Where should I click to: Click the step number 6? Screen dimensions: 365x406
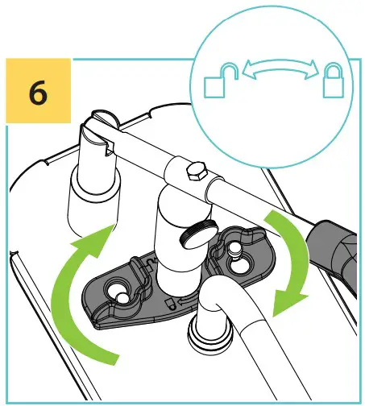pyautogui.click(x=38, y=93)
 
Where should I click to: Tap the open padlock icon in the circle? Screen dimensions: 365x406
pyautogui.click(x=221, y=81)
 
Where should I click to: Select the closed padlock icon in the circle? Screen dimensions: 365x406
pyautogui.click(x=333, y=80)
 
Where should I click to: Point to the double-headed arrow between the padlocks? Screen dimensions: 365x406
pyautogui.click(x=280, y=68)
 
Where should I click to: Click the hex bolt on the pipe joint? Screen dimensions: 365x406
pyautogui.click(x=197, y=172)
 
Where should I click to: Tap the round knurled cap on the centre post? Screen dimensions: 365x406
pyautogui.click(x=199, y=234)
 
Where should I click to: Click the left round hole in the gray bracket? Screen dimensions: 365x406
pyautogui.click(x=119, y=291)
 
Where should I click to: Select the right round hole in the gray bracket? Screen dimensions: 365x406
pyautogui.click(x=239, y=261)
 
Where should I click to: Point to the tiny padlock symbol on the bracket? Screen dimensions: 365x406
pyautogui.click(x=170, y=303)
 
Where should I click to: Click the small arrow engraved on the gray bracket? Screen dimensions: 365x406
pyautogui.click(x=185, y=300)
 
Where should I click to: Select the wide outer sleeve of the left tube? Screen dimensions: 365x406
pyautogui.click(x=93, y=204)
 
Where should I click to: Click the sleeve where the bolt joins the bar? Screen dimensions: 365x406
pyautogui.click(x=193, y=175)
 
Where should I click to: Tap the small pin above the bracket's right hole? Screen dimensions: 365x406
pyautogui.click(x=233, y=251)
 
